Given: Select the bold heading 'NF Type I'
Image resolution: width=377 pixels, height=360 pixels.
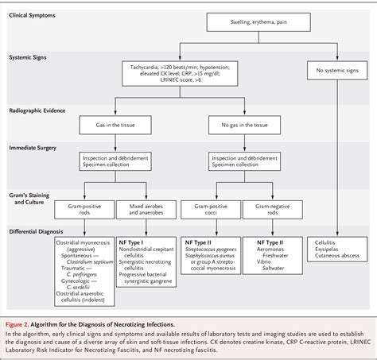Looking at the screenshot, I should pyautogui.click(x=133, y=240).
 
